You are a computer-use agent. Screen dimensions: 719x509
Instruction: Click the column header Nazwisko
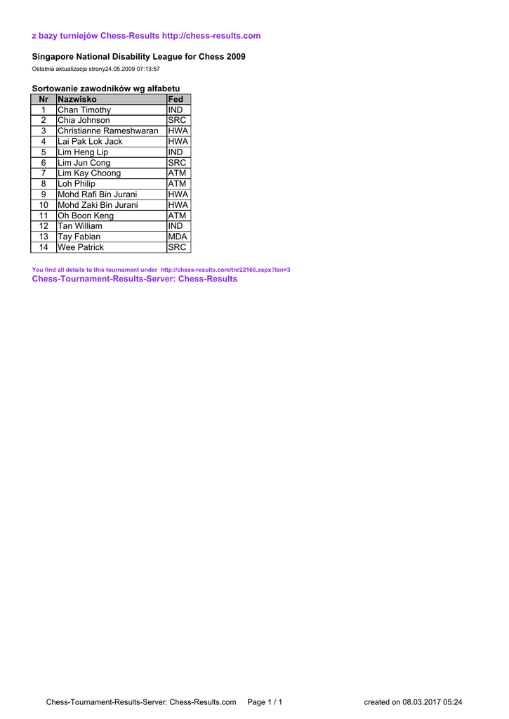click(x=77, y=100)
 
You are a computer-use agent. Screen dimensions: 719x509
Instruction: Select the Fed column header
click(x=176, y=100)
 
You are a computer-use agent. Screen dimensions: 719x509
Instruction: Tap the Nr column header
click(x=44, y=100)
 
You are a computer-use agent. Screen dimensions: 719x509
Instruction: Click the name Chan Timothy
click(x=84, y=110)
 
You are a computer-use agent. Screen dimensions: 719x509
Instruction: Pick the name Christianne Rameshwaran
click(x=108, y=131)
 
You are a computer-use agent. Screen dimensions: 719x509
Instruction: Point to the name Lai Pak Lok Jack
click(x=90, y=142)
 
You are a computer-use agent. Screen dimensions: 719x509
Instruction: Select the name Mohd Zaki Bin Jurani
click(x=98, y=205)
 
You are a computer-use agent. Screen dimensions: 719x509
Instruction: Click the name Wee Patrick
click(x=81, y=247)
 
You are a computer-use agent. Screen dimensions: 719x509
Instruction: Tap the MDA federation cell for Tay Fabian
click(x=178, y=237)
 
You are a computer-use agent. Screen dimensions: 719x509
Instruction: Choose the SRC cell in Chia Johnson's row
click(x=178, y=121)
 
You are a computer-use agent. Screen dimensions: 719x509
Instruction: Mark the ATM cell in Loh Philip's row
click(x=178, y=184)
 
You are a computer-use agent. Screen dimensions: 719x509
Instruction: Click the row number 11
click(x=44, y=216)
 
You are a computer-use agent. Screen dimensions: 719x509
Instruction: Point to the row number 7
click(x=44, y=173)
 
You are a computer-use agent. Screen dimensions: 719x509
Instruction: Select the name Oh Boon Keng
click(x=86, y=216)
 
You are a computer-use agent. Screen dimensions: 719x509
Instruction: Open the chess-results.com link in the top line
click(x=211, y=36)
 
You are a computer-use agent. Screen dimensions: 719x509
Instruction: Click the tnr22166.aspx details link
click(x=225, y=270)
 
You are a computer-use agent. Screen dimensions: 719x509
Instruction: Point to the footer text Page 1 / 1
click(x=265, y=702)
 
